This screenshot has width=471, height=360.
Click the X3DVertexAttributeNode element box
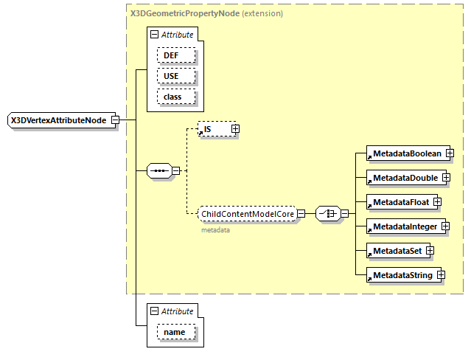point(58,120)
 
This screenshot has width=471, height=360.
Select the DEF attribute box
point(176,55)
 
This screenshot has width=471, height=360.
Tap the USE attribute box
point(176,76)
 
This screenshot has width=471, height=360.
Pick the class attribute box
point(176,97)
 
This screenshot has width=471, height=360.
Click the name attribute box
point(176,333)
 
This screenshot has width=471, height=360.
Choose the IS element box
point(214,129)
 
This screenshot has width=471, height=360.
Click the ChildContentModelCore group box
point(247,214)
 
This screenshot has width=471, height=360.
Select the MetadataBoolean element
point(405,153)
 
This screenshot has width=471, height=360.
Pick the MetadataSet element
point(396,251)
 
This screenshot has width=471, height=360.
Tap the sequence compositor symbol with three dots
point(159,171)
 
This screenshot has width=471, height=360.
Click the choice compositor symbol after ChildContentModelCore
point(327,214)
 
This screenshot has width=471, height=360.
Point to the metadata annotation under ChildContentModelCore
point(216,230)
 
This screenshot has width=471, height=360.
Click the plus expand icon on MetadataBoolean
point(449,153)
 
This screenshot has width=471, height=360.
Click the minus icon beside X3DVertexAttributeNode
point(115,120)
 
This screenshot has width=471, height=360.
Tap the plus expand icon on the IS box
point(235,129)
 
